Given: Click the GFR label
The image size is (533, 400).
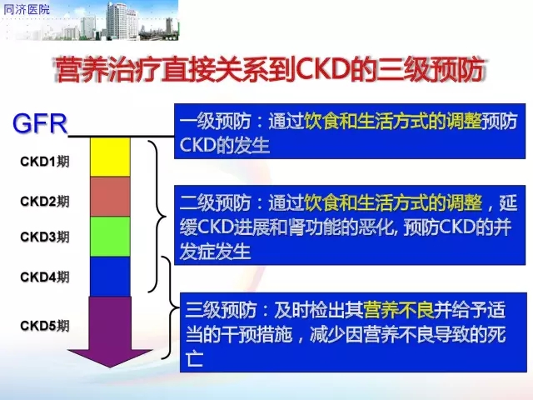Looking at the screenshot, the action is [40, 123].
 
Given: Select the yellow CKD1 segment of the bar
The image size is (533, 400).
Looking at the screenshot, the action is [110, 157].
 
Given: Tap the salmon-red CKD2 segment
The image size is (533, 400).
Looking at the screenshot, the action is [110, 197].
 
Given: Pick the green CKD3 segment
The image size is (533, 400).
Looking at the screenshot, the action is [110, 237].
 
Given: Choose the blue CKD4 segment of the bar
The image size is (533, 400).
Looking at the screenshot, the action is [110, 276].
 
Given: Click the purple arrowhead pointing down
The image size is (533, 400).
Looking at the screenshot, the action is [110, 357].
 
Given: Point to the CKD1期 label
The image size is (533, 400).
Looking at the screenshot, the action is [44, 161].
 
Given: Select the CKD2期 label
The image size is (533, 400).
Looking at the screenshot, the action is [44, 201].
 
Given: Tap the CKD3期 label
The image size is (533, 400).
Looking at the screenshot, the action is [44, 237].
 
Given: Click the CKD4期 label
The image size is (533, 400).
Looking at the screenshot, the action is [44, 277].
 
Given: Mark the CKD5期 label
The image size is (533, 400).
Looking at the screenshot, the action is [44, 326].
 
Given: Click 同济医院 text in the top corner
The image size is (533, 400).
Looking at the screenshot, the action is [27, 9].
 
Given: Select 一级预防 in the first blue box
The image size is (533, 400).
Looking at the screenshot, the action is [216, 121].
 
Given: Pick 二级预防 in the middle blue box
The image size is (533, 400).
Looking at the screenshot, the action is [216, 202].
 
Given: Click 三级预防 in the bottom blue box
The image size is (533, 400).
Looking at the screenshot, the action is [221, 310].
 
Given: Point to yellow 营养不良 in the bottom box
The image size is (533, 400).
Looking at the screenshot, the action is [399, 310].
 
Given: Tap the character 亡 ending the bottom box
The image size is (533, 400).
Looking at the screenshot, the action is [195, 358].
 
